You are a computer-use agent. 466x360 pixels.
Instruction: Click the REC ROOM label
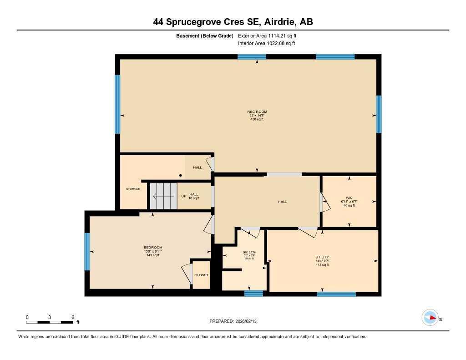pyautogui.click(x=257, y=112)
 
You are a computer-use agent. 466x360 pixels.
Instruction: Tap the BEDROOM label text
pyautogui.click(x=153, y=248)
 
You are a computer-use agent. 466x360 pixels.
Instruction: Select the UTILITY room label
pyautogui.click(x=322, y=257)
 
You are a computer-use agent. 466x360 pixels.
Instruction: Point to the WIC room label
pyautogui.click(x=349, y=198)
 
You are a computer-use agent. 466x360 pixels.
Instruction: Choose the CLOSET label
pyautogui.click(x=201, y=275)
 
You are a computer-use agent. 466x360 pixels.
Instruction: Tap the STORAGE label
pyautogui.click(x=133, y=189)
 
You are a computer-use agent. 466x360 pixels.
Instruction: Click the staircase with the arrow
pyautogui.click(x=163, y=196)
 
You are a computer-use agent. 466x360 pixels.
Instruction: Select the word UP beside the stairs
pyautogui.click(x=184, y=197)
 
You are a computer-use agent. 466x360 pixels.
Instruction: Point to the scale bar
pyautogui.click(x=50, y=322)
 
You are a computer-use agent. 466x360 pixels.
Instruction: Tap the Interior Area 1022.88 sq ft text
pyautogui.click(x=266, y=44)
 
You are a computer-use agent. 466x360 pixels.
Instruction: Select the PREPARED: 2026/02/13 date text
pyautogui.click(x=236, y=321)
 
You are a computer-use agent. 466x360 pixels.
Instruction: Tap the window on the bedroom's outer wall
pyautogui.click(x=87, y=252)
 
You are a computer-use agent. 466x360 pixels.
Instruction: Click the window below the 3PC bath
pyautogui.click(x=253, y=294)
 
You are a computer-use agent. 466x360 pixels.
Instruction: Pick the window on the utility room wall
pyautogui.click(x=336, y=294)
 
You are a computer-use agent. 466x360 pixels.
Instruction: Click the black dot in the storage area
pyautogui.click(x=181, y=175)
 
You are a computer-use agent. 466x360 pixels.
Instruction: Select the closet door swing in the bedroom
pyautogui.click(x=187, y=274)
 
